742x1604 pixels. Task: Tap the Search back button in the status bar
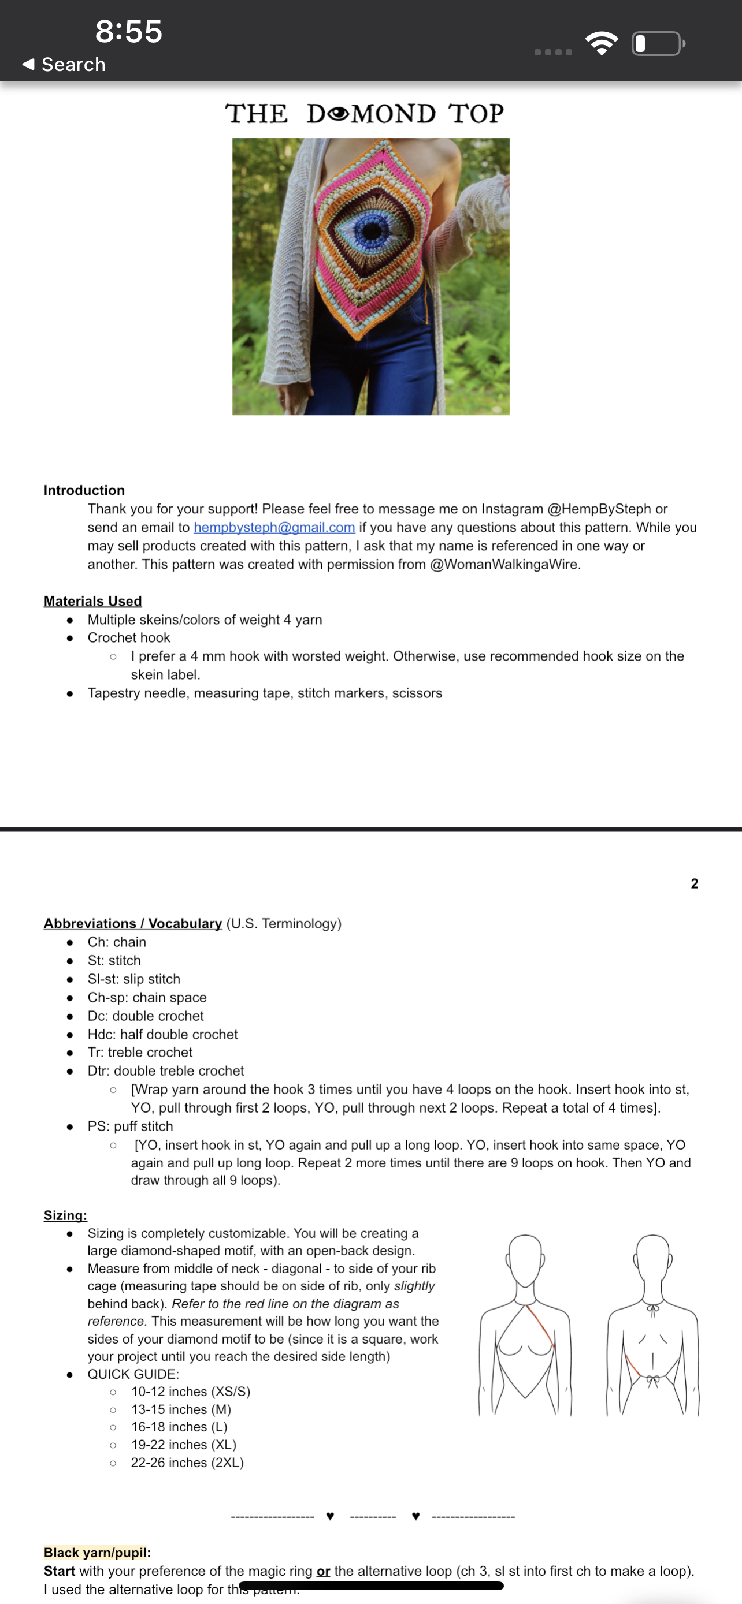[64, 64]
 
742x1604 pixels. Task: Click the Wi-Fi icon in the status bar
[601, 43]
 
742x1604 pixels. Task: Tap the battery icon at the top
[658, 43]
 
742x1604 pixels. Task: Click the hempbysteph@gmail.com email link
[274, 527]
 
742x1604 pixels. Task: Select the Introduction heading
[84, 490]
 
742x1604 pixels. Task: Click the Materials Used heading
[93, 601]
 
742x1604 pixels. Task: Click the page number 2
[694, 883]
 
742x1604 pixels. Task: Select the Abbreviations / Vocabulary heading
[133, 923]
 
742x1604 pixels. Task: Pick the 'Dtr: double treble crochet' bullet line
[166, 1071]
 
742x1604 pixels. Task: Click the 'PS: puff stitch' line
[130, 1126]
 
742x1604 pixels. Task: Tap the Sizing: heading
[65, 1215]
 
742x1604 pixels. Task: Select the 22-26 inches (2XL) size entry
[187, 1463]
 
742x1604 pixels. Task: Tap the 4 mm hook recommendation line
[407, 656]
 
